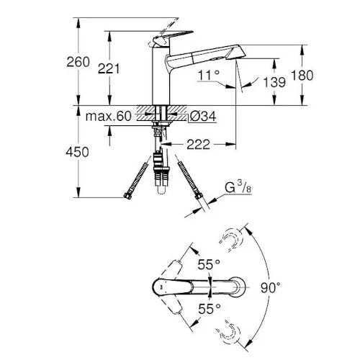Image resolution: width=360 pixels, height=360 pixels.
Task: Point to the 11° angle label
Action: pos(208,74)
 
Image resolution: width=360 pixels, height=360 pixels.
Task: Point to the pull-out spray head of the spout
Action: pos(223,53)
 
